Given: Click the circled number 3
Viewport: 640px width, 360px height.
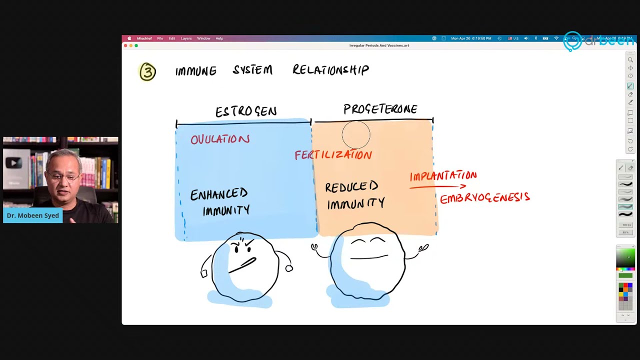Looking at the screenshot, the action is [x=147, y=72].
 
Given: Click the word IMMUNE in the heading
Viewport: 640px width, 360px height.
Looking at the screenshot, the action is [x=196, y=71].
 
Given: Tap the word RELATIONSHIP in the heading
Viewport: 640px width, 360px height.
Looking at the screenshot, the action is [x=330, y=70].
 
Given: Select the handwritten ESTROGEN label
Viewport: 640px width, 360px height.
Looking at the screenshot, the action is [x=246, y=111].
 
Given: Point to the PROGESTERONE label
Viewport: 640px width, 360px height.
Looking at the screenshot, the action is [x=380, y=109].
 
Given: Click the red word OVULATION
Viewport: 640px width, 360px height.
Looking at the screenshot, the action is [x=220, y=139].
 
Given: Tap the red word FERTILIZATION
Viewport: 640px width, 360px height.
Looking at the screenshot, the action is [x=333, y=155].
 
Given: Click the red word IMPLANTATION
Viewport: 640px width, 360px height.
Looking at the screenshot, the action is [x=443, y=175].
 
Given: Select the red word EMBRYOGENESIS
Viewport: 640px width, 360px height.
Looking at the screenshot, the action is [x=484, y=198].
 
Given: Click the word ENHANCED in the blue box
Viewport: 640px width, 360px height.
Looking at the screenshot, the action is [x=219, y=194].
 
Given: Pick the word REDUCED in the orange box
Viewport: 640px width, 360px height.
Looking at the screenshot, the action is [x=351, y=187].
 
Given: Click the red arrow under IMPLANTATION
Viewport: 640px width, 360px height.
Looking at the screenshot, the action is [x=437, y=187].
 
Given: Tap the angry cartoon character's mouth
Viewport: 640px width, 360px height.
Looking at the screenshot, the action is [x=242, y=265].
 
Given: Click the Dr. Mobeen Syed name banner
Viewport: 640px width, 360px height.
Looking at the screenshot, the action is [x=33, y=215].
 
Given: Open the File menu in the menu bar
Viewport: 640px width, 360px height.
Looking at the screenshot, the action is [x=160, y=38].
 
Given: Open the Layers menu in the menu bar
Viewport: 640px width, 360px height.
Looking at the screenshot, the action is [x=186, y=38].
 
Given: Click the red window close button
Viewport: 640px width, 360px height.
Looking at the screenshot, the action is [x=125, y=45].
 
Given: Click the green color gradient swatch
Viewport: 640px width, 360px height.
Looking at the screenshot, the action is [x=625, y=258].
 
